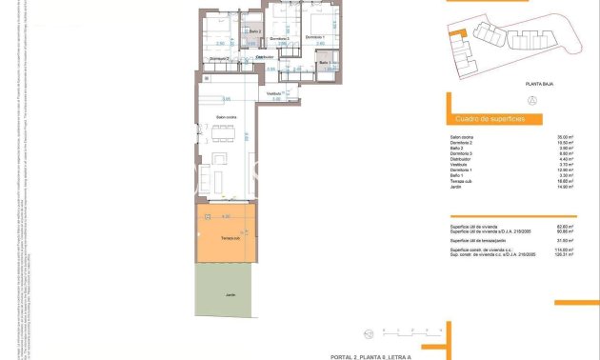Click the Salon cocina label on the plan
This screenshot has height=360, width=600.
(x=226, y=118)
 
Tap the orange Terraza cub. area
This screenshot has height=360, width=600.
(x=228, y=238)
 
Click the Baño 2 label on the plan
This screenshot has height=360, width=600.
(x=253, y=31)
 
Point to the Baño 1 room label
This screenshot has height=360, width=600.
(x=325, y=63)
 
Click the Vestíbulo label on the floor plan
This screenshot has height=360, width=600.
(x=274, y=93)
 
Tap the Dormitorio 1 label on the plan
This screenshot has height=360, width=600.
(x=314, y=37)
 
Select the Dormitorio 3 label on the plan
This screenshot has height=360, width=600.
(x=279, y=38)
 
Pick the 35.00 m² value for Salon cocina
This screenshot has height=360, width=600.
(x=570, y=137)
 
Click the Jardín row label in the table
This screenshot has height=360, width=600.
(x=456, y=188)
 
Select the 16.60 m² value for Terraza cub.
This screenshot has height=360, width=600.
(x=570, y=181)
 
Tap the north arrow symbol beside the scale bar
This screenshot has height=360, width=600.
(x=367, y=332)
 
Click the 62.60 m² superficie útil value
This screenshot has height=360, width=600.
(x=570, y=226)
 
